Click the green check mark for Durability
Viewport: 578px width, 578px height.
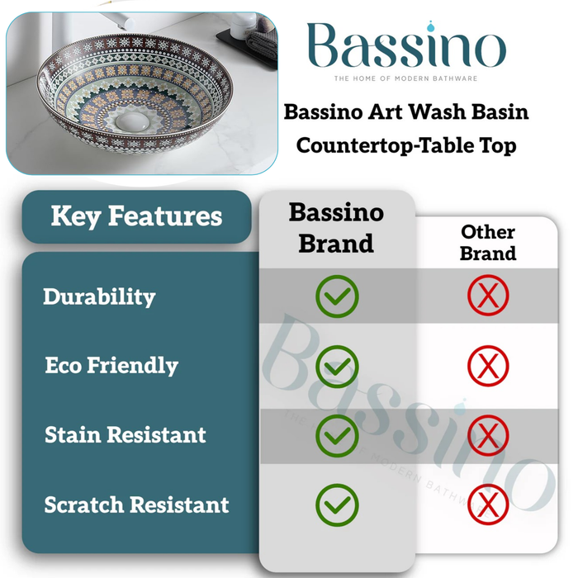[337, 296]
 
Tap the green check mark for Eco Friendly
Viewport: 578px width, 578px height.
[337, 364]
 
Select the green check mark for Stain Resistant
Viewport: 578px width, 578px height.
[337, 434]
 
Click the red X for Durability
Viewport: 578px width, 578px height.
[488, 296]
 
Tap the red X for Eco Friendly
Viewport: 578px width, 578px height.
[488, 364]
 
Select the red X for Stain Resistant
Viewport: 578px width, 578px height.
[488, 434]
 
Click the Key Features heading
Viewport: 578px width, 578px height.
[136, 216]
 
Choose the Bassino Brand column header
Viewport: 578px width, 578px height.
[336, 227]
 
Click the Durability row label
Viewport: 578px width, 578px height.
[99, 296]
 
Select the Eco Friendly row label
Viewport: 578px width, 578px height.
[111, 365]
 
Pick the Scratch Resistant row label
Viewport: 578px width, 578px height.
[136, 504]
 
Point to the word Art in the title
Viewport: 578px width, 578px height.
[392, 111]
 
